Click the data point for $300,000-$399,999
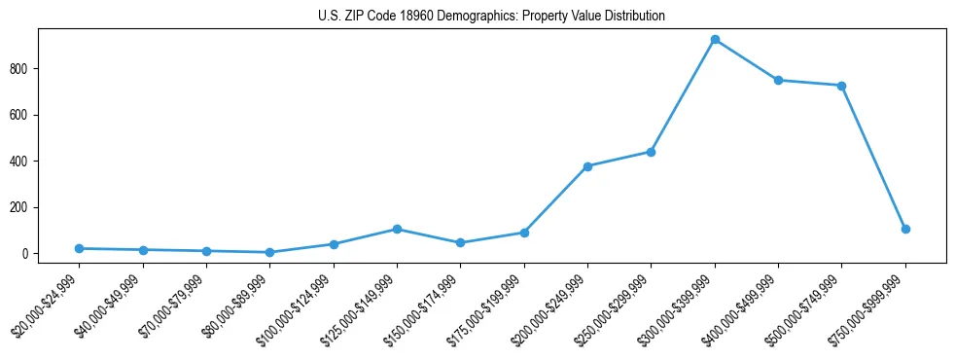click(x=715, y=40)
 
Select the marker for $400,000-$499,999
click(x=778, y=80)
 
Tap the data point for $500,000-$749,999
click(x=841, y=86)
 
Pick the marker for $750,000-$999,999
click(x=905, y=229)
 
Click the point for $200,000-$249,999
click(x=587, y=166)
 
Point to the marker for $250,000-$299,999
click(x=651, y=152)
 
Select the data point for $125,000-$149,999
click(x=397, y=229)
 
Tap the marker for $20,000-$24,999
click(x=79, y=248)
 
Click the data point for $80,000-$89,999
click(x=269, y=252)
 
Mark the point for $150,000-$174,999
click(x=460, y=242)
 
